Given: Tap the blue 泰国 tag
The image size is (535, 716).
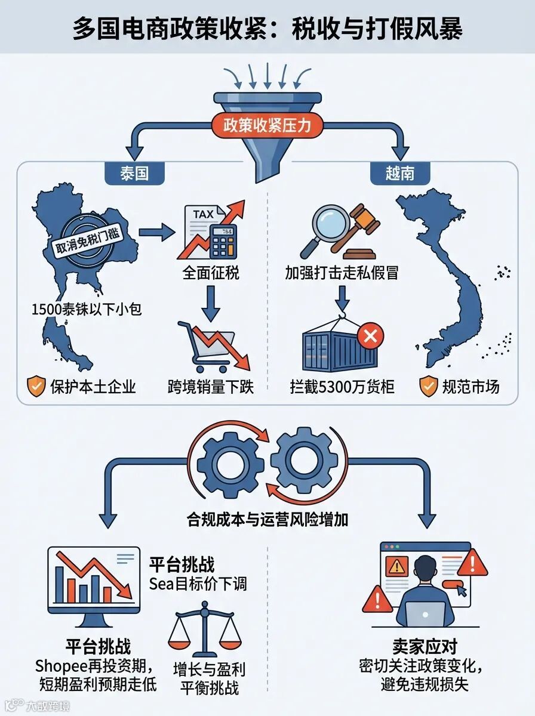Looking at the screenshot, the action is (x=134, y=173).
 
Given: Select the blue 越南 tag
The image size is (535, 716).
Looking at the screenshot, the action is (x=399, y=173).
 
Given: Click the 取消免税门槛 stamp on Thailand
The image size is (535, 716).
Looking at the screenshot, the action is (x=88, y=240).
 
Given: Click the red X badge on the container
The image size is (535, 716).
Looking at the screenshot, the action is (x=370, y=337).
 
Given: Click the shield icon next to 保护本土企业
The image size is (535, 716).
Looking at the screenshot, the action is (x=36, y=387).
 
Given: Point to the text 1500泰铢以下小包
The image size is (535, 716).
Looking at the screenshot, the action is (x=86, y=310).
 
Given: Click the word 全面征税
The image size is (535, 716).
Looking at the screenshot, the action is (x=211, y=274).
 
